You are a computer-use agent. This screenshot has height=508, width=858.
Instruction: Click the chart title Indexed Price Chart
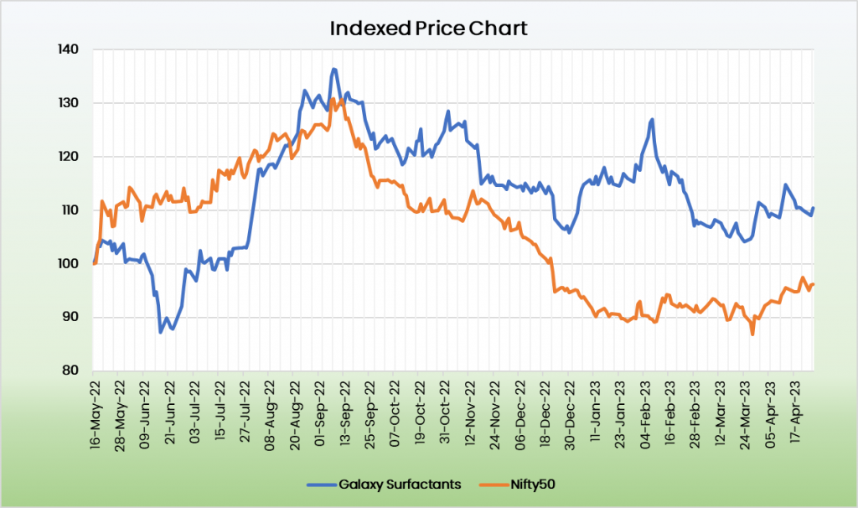[x=428, y=29]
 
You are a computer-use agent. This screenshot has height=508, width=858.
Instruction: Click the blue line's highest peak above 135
[x=333, y=69]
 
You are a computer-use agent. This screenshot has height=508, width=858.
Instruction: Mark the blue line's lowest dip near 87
[x=161, y=332]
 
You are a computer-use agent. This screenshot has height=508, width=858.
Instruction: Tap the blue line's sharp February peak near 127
[x=652, y=120]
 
